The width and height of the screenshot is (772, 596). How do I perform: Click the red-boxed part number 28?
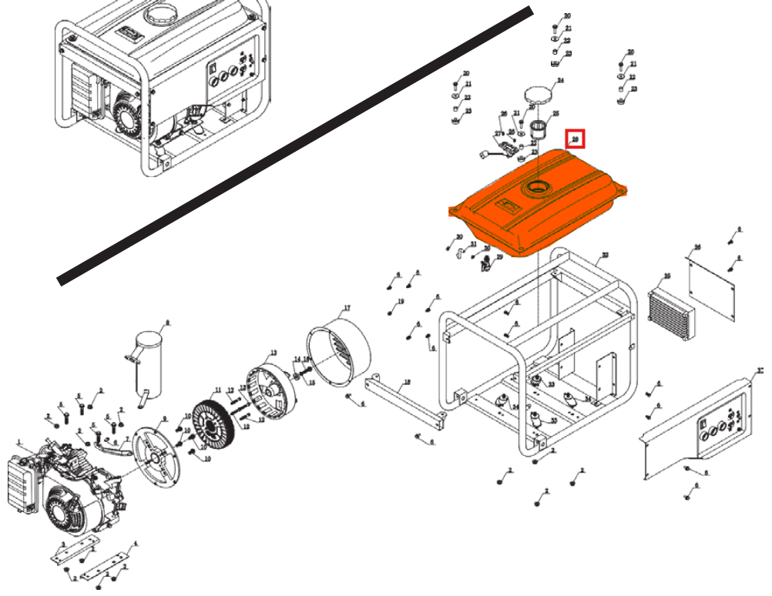click(x=576, y=139)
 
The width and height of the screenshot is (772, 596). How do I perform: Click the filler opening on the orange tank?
click(x=536, y=188)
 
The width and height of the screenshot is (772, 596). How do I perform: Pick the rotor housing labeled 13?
click(x=270, y=393)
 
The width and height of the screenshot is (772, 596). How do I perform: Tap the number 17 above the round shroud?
click(x=346, y=309)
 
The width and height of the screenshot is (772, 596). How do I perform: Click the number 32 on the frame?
click(x=605, y=255)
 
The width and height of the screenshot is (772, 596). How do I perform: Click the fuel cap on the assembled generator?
click(x=162, y=15)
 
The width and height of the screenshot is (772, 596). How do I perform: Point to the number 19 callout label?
click(x=401, y=301)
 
